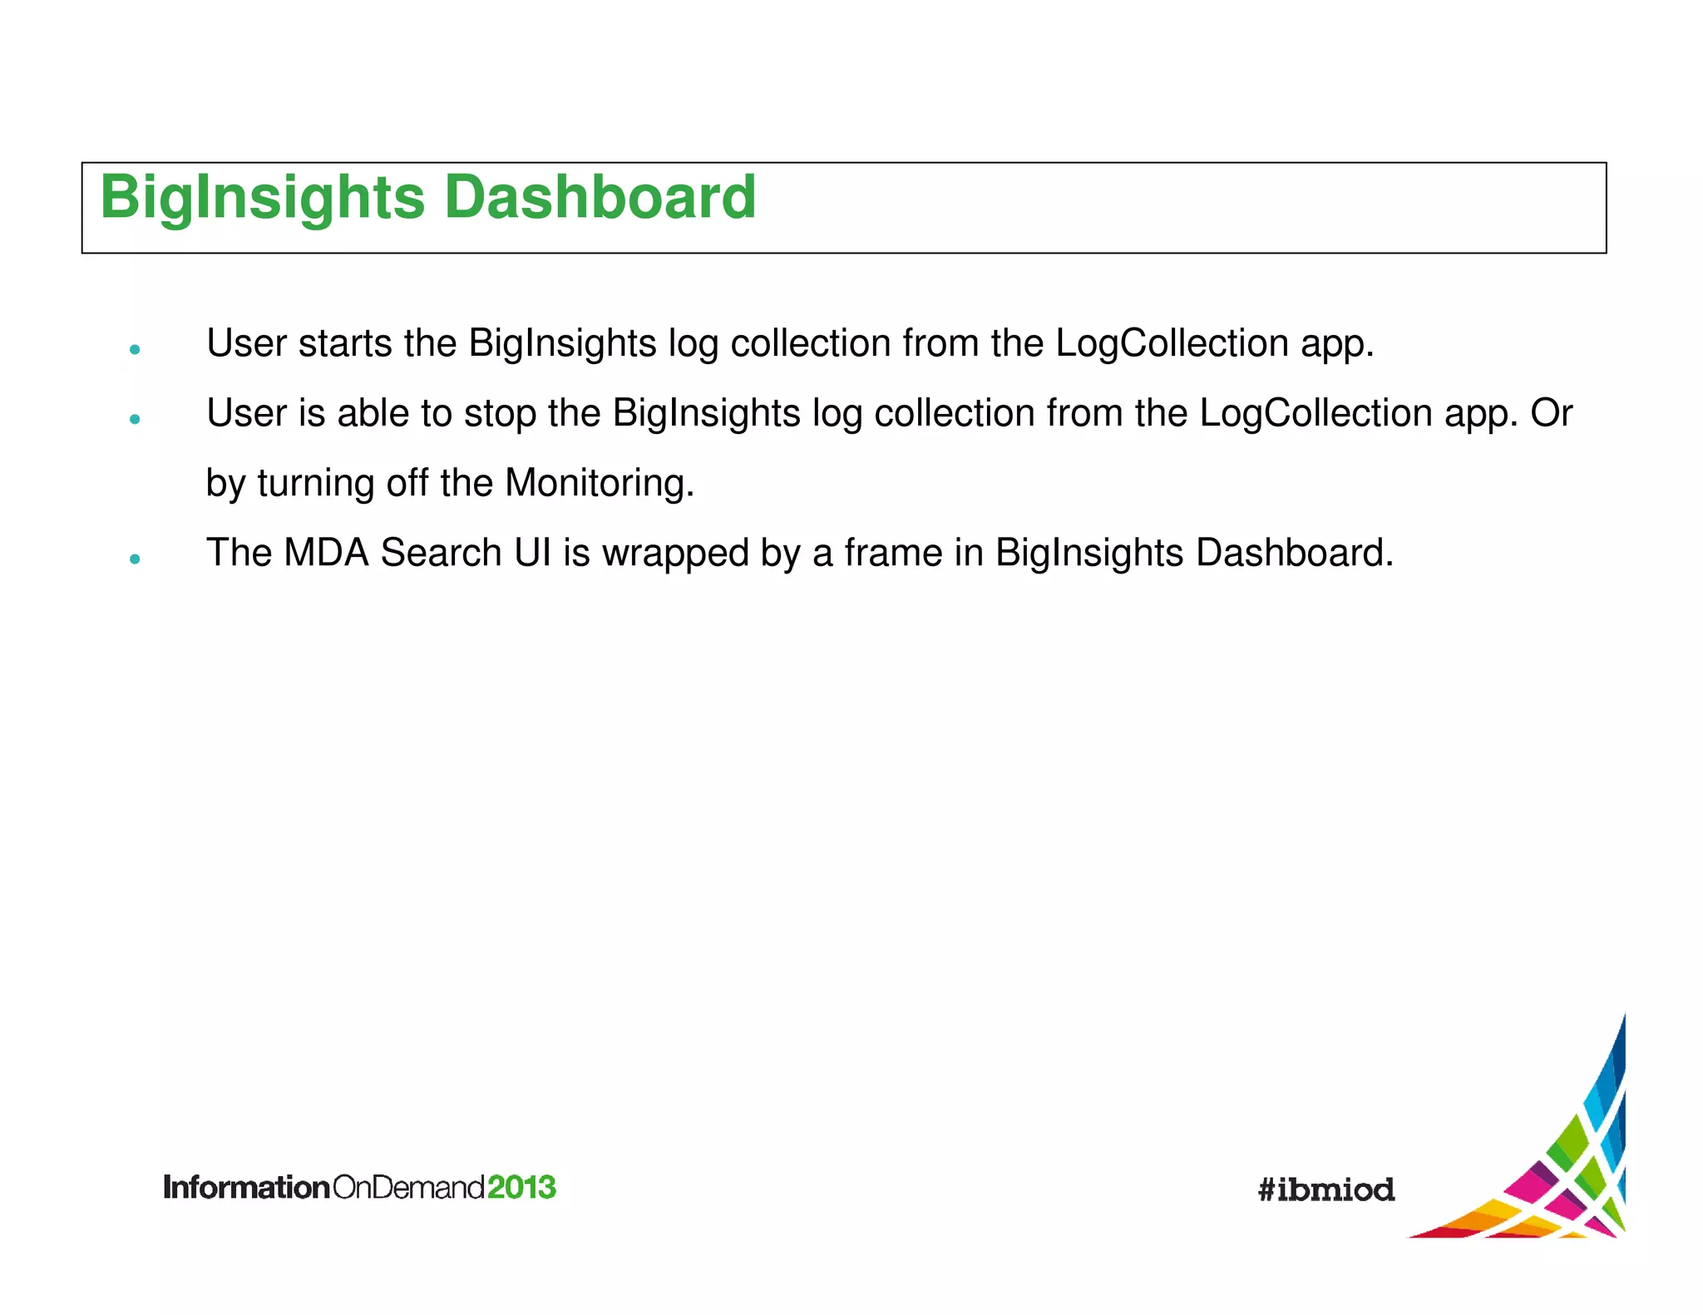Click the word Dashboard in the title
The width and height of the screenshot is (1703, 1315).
[600, 198]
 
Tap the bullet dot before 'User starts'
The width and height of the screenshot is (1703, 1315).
[135, 350]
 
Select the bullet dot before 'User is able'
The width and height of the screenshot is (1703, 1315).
[135, 420]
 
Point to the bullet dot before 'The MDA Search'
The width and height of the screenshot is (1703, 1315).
[135, 559]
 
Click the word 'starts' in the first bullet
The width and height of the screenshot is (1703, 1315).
[344, 343]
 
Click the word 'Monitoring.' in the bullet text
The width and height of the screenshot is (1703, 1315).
[599, 483]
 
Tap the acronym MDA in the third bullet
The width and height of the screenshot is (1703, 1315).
[326, 553]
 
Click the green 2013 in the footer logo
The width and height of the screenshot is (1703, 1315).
[521, 1187]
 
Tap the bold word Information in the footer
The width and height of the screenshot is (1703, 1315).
[247, 1187]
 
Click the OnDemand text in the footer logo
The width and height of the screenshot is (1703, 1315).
[408, 1187]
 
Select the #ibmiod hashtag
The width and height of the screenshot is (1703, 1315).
[1326, 1189]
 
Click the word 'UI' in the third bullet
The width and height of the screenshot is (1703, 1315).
[532, 553]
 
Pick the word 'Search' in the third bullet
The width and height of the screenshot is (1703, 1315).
[441, 553]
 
